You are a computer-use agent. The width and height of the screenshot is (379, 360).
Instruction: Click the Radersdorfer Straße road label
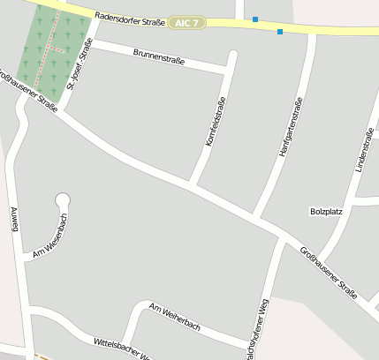[126, 15]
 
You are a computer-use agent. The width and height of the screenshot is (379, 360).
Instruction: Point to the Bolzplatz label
[326, 212]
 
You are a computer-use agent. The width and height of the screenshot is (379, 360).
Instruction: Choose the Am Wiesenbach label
[50, 239]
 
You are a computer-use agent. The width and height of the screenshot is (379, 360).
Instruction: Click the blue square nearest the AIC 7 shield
[255, 19]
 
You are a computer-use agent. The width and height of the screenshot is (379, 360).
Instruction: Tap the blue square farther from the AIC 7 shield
[280, 32]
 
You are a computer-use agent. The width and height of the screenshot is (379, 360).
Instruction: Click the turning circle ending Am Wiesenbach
[63, 200]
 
